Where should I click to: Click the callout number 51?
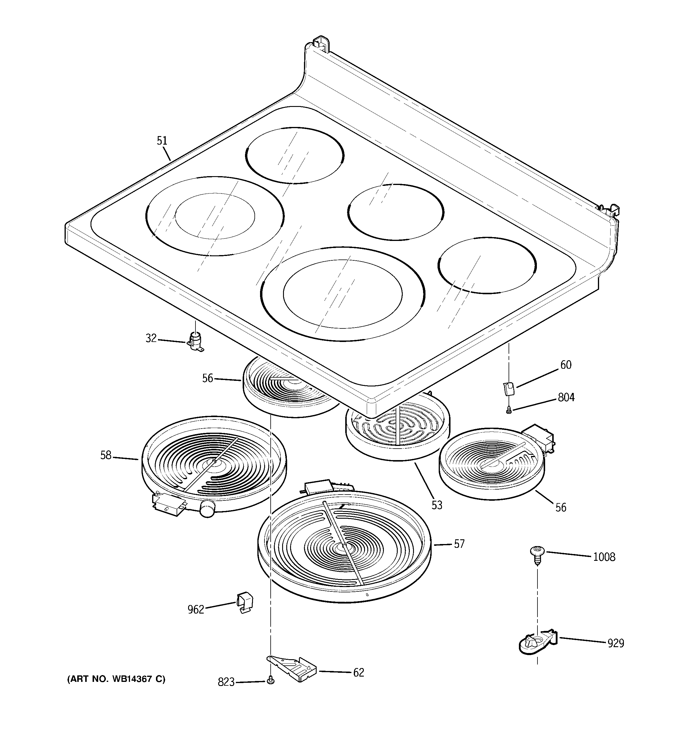[x=162, y=141]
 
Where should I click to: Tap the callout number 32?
[x=151, y=338]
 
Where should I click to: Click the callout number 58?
[x=106, y=455]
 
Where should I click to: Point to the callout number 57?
[x=459, y=543]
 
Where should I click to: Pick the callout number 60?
[x=566, y=365]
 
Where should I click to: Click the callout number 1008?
[x=604, y=557]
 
